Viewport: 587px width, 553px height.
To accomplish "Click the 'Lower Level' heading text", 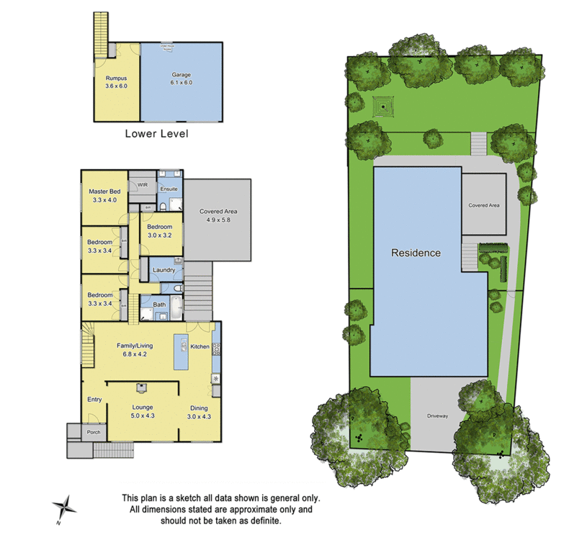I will pos(156,133).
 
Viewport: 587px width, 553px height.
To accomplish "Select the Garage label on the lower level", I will pos(180,74).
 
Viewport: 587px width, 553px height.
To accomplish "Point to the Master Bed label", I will pos(104,192).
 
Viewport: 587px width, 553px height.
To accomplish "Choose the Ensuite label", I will pos(169,189).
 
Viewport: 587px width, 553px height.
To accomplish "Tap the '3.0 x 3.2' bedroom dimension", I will pos(160,235).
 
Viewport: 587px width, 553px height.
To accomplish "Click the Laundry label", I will pos(164,270).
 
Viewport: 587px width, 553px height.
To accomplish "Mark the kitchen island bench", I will pos(180,351).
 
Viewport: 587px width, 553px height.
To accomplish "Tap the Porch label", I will pos(94,432).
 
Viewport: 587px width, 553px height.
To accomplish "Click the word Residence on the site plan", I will pos(416,253).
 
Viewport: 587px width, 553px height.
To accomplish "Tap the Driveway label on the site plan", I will pos(437,415).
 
